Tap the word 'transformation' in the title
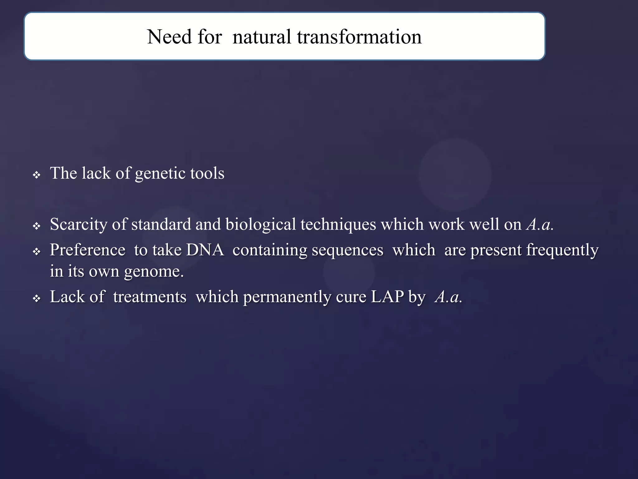coord(359,37)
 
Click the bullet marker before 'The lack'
coord(37,175)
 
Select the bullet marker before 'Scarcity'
coord(37,226)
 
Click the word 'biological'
coord(260,225)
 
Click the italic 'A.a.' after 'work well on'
coord(540,225)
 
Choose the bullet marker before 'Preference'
coord(37,251)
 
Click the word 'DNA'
coord(205,250)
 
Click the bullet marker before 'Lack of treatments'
coord(37,299)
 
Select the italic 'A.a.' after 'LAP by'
coord(449,297)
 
